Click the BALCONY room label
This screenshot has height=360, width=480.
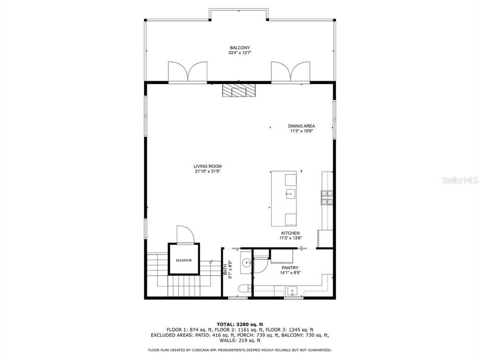click(240, 47)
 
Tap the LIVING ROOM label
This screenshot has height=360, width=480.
click(208, 166)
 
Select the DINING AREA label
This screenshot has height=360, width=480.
click(301, 126)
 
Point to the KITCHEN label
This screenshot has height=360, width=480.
click(290, 233)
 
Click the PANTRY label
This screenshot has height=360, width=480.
click(290, 268)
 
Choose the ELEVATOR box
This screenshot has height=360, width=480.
click(184, 260)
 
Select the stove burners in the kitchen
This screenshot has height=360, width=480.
click(326, 197)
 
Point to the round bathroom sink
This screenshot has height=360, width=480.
click(247, 263)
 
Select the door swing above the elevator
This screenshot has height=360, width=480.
click(183, 234)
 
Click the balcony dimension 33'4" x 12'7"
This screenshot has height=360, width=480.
click(240, 52)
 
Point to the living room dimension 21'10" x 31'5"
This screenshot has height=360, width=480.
click(208, 172)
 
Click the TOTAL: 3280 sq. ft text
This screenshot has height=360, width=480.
click(240, 324)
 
